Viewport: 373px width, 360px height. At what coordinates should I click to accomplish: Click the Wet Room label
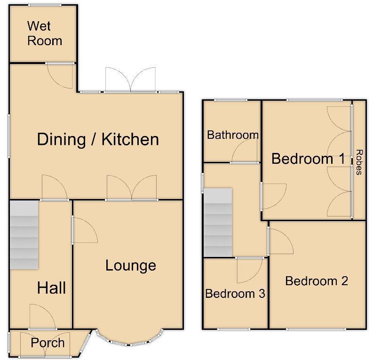(x=44, y=33)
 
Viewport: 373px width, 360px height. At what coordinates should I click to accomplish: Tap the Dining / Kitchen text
(x=98, y=139)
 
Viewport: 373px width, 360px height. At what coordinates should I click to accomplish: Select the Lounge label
(x=130, y=265)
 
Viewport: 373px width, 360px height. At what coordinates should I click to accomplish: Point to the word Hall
(x=51, y=288)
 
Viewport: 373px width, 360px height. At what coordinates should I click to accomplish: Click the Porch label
(x=48, y=343)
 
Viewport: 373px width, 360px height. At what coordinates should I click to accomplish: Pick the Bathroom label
(x=233, y=135)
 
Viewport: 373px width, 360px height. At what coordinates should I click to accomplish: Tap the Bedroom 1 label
(x=309, y=159)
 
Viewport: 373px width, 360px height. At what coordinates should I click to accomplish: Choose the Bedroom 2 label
(x=317, y=281)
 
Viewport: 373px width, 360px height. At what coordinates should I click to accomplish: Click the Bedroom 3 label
(x=235, y=294)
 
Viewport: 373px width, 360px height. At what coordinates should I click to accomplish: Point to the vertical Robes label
(x=359, y=162)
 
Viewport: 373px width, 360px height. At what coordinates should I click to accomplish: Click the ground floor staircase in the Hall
(x=24, y=234)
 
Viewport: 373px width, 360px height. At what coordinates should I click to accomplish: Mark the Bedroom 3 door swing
(x=249, y=270)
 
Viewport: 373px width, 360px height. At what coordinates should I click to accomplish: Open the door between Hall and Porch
(x=42, y=316)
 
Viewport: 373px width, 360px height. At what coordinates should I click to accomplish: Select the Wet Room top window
(x=44, y=5)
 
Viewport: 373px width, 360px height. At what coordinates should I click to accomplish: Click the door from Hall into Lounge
(x=84, y=230)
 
